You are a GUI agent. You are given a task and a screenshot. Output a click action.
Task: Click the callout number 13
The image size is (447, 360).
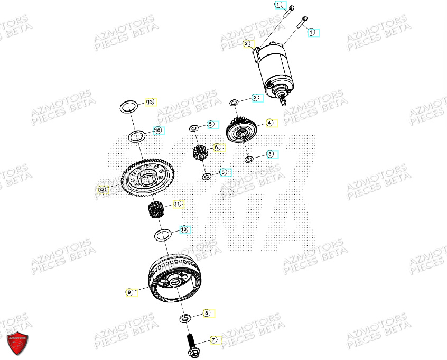(150, 101)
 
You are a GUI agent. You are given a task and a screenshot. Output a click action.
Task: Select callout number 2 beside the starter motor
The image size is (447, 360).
(246, 43)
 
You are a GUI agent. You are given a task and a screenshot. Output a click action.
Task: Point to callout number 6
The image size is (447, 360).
(216, 147)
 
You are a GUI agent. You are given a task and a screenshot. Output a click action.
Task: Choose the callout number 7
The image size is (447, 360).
(213, 339)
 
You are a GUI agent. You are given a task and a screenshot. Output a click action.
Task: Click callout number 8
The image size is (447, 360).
(207, 313)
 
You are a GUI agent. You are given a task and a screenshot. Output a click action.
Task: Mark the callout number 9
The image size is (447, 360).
(129, 291)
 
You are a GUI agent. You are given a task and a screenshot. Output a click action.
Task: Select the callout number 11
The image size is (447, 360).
(178, 203)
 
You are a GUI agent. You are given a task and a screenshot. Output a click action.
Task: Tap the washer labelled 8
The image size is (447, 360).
(185, 318)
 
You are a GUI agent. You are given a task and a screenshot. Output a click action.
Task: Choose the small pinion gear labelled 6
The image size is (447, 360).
(200, 154)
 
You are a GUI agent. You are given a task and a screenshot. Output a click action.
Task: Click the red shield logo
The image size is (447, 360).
(17, 344)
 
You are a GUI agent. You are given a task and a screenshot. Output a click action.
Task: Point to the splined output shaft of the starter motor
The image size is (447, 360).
(285, 101)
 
